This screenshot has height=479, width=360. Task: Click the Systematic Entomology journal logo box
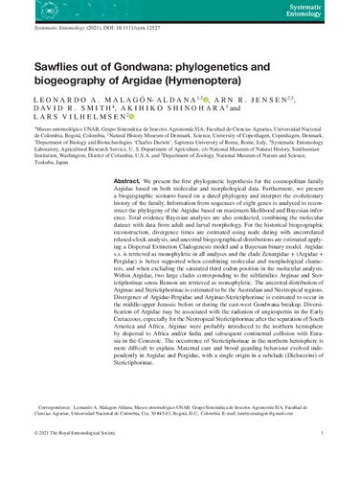coord(330,12)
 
